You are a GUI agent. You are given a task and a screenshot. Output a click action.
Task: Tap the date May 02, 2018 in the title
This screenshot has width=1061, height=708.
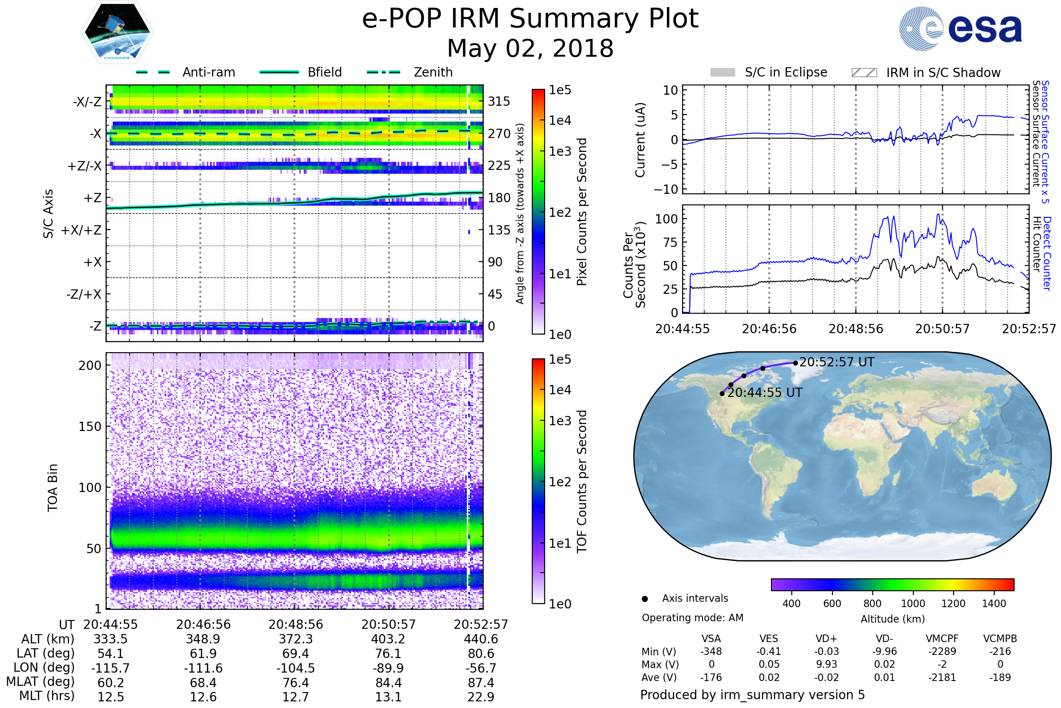pos(530,49)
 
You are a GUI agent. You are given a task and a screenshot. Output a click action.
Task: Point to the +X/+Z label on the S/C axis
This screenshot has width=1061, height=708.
pos(81,230)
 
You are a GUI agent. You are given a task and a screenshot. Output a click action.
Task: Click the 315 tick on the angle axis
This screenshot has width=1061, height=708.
pos(499,101)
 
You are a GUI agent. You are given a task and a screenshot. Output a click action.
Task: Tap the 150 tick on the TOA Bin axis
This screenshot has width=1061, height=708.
pos(90,426)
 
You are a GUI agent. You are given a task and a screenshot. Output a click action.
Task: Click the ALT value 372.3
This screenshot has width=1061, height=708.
pos(295,639)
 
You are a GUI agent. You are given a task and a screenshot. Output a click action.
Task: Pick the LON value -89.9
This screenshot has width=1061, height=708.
pos(388,668)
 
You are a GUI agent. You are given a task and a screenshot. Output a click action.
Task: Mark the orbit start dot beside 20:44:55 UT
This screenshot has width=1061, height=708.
pos(722,394)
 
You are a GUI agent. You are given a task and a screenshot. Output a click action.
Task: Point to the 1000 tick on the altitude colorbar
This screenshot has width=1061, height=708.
pos(912,604)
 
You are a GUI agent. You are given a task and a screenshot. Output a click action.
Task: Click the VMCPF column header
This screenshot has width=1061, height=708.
pos(942,639)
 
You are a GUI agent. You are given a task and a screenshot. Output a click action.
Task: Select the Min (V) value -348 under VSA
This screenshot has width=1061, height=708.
pos(711,651)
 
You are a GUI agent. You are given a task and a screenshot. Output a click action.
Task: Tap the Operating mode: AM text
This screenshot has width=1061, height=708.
pos(692,618)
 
